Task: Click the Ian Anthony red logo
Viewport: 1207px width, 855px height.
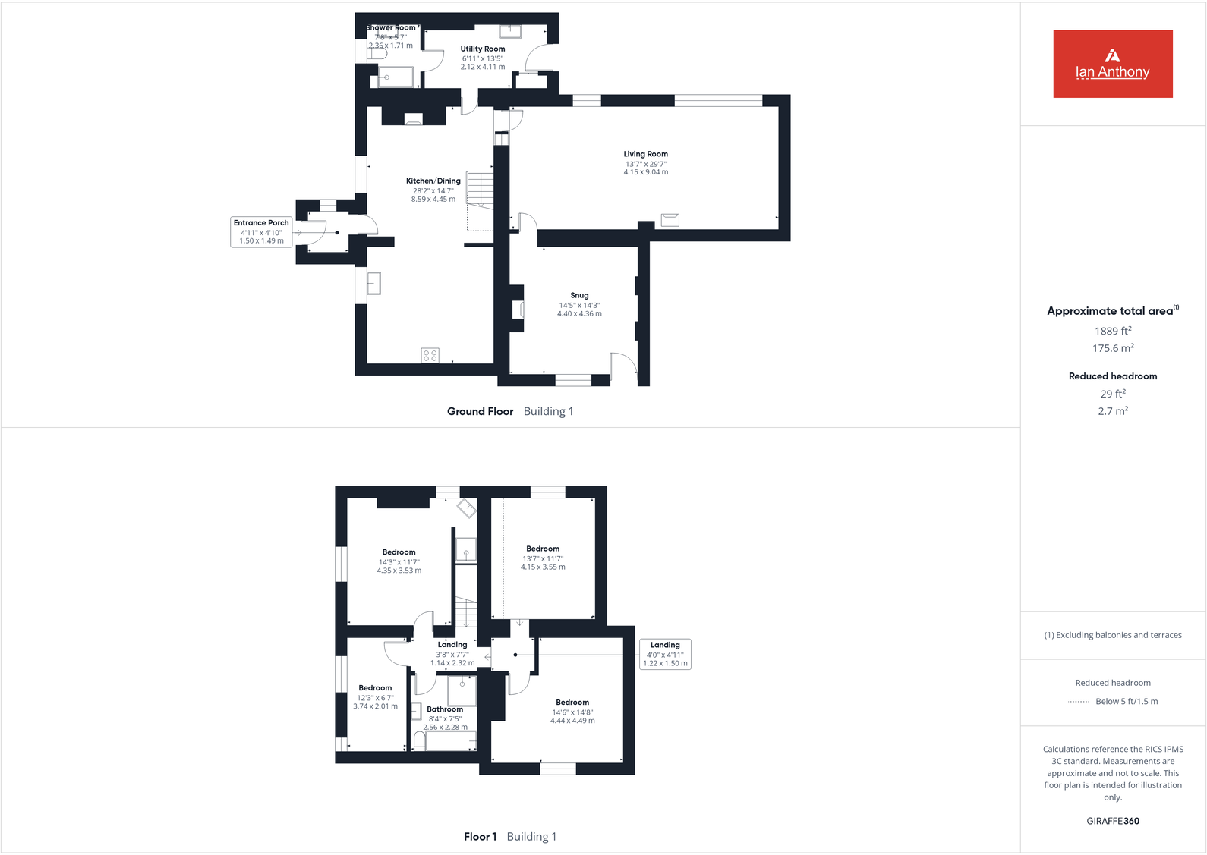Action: pyautogui.click(x=1112, y=64)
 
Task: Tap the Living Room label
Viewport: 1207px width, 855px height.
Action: pyautogui.click(x=645, y=154)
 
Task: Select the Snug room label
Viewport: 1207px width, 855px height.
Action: pyautogui.click(x=579, y=296)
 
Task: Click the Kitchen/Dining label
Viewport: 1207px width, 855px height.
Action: pyautogui.click(x=433, y=181)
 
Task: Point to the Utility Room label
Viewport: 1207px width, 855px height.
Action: pyautogui.click(x=482, y=49)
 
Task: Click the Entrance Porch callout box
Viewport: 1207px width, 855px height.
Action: pyautogui.click(x=261, y=231)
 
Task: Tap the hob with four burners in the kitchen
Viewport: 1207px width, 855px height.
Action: pyautogui.click(x=430, y=355)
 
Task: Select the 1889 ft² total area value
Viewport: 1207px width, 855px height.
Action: pyautogui.click(x=1112, y=331)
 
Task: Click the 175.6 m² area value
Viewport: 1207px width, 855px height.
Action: pyautogui.click(x=1112, y=348)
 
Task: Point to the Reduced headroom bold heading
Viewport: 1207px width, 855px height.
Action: pyautogui.click(x=1112, y=376)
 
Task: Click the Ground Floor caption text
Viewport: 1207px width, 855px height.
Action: pyautogui.click(x=480, y=411)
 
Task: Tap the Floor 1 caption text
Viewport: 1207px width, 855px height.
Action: pyautogui.click(x=480, y=837)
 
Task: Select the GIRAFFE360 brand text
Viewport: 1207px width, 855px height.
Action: pyautogui.click(x=1112, y=821)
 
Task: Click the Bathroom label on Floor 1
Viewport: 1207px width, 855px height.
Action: pyautogui.click(x=445, y=709)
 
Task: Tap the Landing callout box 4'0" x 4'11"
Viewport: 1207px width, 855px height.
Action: pyautogui.click(x=665, y=654)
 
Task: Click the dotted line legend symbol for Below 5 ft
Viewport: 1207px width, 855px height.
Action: pyautogui.click(x=1078, y=702)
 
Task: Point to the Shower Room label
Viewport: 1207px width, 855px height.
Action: pyautogui.click(x=392, y=28)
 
